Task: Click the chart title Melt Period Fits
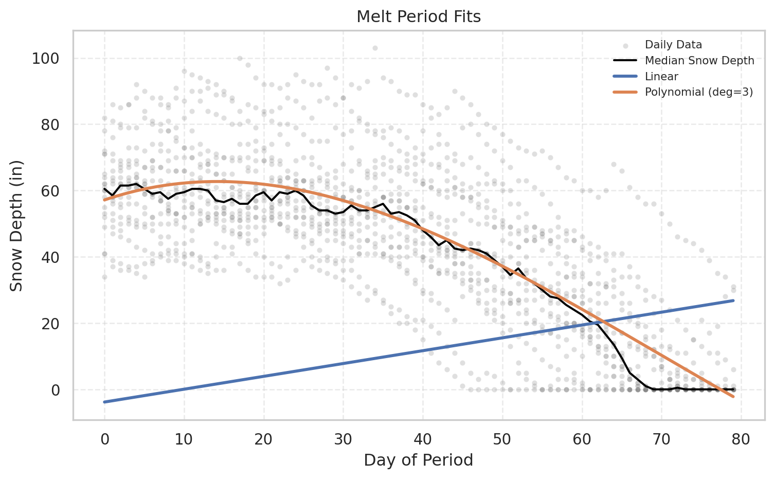(419, 17)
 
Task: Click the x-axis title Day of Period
(418, 460)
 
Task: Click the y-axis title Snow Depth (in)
(16, 225)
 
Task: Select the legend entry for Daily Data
(673, 45)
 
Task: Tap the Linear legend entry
(661, 77)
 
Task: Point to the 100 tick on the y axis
(45, 58)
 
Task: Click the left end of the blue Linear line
(104, 402)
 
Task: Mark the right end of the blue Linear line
(733, 300)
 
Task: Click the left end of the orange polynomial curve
(104, 200)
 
